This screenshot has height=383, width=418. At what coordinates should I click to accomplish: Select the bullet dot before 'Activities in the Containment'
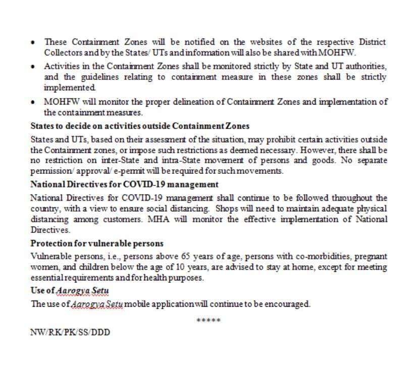(x=32, y=67)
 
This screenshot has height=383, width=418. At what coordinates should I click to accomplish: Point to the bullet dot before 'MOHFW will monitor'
(x=32, y=102)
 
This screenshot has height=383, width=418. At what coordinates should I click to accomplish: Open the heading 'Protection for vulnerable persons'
(x=97, y=243)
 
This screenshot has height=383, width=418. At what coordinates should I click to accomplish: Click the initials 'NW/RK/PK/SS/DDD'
(x=70, y=332)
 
